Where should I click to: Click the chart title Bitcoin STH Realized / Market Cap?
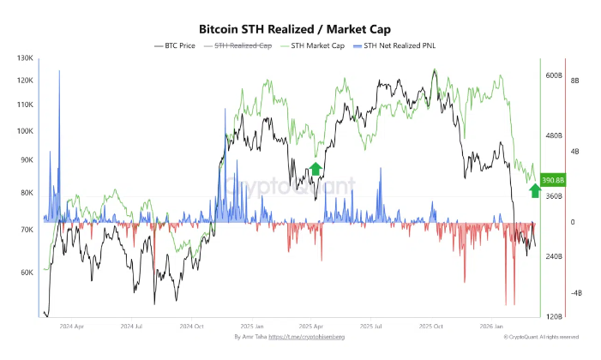click(x=299, y=27)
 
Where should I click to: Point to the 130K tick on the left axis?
click(x=25, y=58)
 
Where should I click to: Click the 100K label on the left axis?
click(x=25, y=132)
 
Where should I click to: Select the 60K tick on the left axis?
click(x=27, y=273)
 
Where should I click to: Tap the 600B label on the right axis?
click(x=554, y=75)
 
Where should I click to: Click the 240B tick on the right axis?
click(x=554, y=257)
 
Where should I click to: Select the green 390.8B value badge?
click(x=554, y=180)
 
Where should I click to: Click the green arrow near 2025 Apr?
click(x=316, y=168)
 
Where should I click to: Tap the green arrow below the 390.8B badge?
click(x=535, y=191)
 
